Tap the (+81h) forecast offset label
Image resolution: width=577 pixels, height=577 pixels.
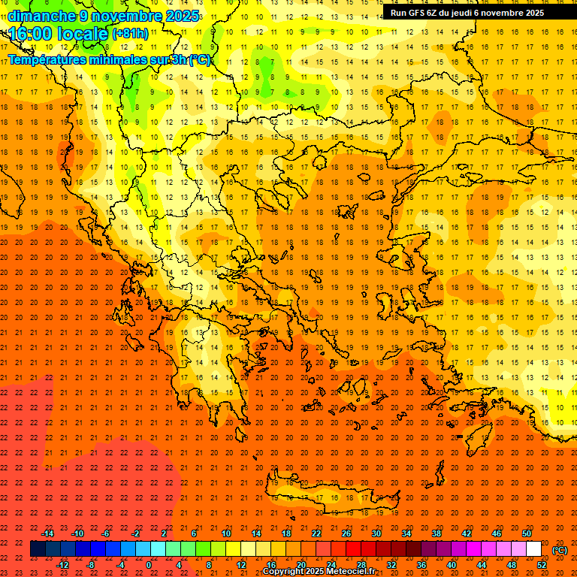129,34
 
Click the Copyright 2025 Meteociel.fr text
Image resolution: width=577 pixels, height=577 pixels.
319,572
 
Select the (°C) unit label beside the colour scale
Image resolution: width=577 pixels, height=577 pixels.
559,550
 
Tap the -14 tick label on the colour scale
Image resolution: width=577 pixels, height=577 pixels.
47,533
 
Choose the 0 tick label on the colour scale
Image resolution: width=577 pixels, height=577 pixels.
149,565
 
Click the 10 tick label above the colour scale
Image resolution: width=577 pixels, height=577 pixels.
226,533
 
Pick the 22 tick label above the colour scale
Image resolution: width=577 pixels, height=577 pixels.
316,533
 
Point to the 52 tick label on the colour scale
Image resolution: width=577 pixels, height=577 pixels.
542,565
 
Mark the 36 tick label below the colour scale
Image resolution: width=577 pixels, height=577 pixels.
421,565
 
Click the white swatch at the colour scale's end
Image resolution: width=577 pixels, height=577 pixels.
534,549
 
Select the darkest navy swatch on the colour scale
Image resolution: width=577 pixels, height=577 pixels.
38,549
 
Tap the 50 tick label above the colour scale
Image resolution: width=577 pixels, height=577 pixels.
527,533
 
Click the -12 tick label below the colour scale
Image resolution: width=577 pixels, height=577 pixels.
62,565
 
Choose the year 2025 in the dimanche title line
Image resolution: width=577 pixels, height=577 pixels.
181,16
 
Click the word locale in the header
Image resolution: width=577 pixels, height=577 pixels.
80,33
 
